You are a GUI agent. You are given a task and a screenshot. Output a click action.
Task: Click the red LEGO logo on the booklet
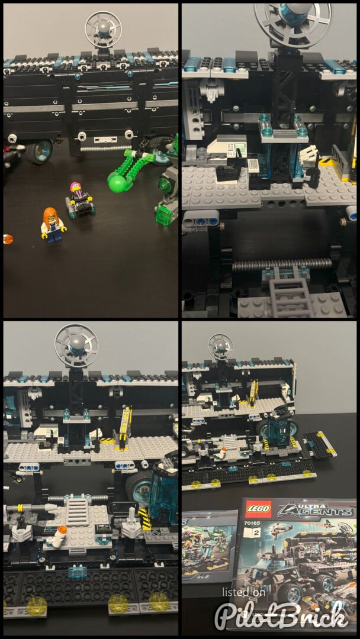click(x=258, y=509)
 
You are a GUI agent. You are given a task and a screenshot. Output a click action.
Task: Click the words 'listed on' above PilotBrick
click(x=243, y=592)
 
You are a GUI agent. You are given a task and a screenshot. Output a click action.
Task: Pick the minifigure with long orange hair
click(x=53, y=225)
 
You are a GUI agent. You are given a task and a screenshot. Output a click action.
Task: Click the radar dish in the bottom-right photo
click(x=220, y=346)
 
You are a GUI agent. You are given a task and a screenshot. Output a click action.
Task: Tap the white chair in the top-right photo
click(x=308, y=154)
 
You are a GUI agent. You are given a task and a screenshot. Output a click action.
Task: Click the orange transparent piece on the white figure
click(x=63, y=530)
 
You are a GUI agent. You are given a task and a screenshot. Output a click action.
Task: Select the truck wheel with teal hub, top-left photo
click(x=40, y=151)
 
